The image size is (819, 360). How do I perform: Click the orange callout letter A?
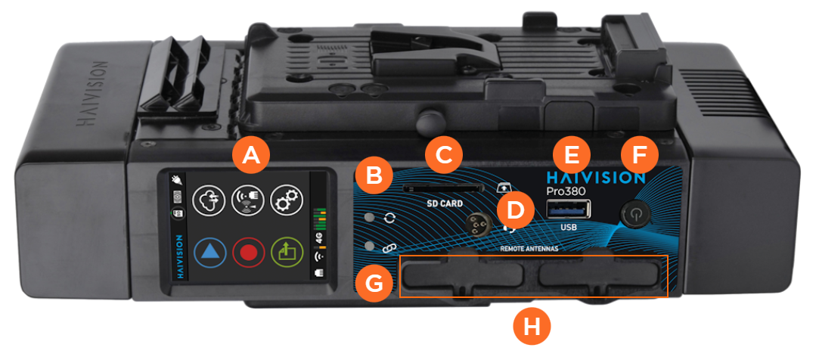click(x=253, y=155)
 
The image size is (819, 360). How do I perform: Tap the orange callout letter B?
click(x=374, y=176)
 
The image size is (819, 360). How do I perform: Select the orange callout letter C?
click(x=444, y=155)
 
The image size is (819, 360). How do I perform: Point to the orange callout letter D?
click(x=516, y=210)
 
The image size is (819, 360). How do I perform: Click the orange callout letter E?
click(x=572, y=155)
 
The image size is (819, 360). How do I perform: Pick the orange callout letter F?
click(x=639, y=155)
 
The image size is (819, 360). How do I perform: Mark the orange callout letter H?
click(x=532, y=327)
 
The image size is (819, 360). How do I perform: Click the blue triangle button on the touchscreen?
click(x=210, y=253)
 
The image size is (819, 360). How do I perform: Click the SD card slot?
click(x=442, y=188)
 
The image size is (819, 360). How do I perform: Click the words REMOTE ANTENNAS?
click(x=529, y=249)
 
